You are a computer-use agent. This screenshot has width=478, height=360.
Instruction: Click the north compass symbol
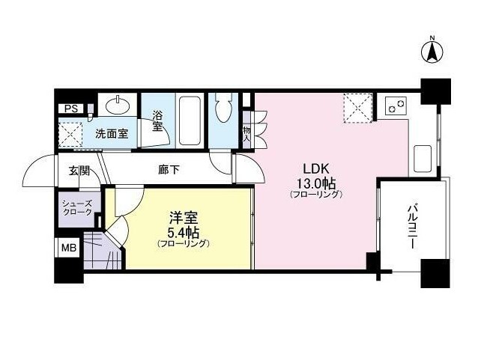coord(432,52)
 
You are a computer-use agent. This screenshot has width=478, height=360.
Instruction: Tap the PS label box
coord(71,109)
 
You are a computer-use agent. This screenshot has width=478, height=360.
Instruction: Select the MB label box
coord(69,248)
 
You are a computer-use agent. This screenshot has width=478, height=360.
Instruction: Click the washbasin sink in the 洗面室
coord(118,106)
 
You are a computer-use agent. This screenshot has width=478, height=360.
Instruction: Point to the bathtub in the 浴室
coord(190,121)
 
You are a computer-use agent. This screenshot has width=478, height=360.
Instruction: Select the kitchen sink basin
coord(423,159)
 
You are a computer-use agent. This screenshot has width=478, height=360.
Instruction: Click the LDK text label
coord(316,168)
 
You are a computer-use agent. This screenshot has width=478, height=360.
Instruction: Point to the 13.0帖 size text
coord(316,183)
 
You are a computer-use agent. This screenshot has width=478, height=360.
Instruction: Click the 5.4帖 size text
coord(184,233)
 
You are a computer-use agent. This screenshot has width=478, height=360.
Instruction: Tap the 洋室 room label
coord(184,218)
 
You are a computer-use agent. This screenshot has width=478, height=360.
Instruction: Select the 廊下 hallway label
coord(169,170)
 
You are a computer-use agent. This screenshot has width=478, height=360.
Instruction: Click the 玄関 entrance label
coord(79,171)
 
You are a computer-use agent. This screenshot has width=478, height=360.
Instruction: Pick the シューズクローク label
coord(77,208)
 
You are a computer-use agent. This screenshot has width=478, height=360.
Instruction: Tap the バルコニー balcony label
coord(412,226)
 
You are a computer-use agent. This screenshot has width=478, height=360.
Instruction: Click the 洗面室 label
coord(112,134)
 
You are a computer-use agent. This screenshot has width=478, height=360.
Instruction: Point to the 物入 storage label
coord(246,134)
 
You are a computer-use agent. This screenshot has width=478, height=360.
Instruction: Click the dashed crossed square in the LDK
coord(358,108)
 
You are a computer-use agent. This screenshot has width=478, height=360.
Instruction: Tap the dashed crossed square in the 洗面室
coord(70,134)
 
